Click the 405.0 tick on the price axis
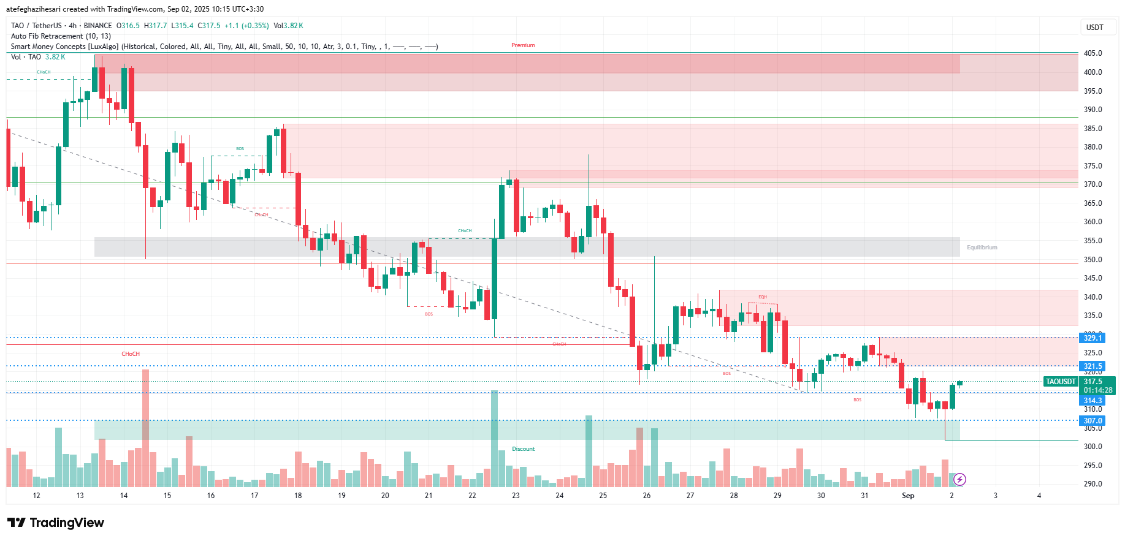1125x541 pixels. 1093,53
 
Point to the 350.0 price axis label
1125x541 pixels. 1093,260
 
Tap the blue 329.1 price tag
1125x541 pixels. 1093,338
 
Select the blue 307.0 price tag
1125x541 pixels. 1093,421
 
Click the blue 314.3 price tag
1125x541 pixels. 1093,401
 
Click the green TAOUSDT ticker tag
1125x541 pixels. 1061,382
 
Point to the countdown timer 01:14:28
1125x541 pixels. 1097,390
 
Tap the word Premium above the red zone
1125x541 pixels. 523,45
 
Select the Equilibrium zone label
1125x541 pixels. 982,248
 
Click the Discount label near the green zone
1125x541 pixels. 523,449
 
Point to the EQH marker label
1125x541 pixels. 763,297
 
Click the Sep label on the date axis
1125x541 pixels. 908,496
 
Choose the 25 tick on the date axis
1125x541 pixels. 603,496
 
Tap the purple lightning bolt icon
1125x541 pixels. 960,479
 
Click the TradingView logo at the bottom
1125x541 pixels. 56,523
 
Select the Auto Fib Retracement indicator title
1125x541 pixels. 61,36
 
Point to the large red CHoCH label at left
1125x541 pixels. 131,354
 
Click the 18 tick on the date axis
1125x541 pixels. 298,496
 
